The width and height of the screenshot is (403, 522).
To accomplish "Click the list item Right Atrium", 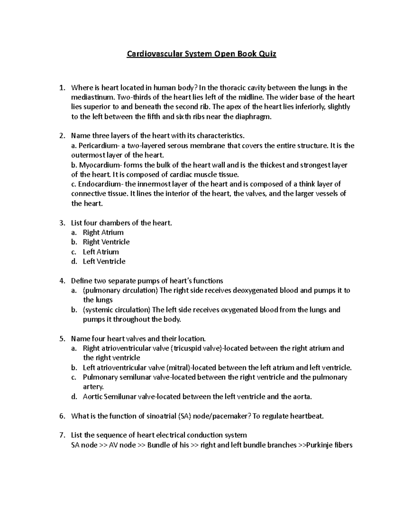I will click(x=103, y=232).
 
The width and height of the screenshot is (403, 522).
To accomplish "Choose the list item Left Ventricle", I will click(x=104, y=261).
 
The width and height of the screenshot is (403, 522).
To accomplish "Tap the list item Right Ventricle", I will click(x=106, y=242).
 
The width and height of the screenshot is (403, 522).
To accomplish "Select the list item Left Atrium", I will click(x=101, y=252).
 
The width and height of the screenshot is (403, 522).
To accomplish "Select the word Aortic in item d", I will click(x=93, y=397).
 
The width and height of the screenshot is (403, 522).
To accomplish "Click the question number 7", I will click(x=62, y=435).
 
